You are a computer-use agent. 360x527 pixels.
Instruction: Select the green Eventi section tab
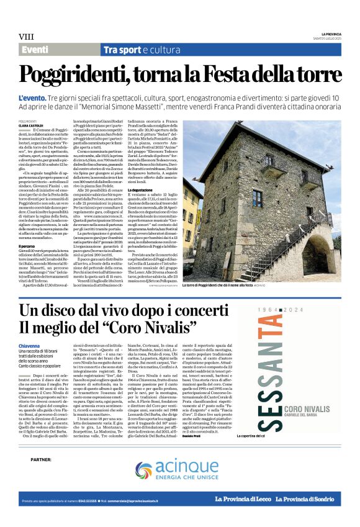click(x=35, y=50)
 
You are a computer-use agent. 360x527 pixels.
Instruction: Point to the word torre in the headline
click(x=319, y=76)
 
